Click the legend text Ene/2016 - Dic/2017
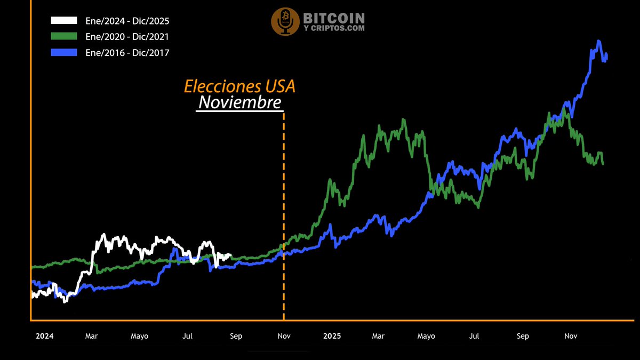click(x=127, y=52)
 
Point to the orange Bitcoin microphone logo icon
click(x=285, y=22)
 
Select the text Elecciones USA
click(x=239, y=86)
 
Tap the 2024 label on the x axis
click(x=44, y=336)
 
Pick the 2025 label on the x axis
click(x=332, y=336)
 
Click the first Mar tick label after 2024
click(x=92, y=336)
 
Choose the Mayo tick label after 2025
click(x=426, y=336)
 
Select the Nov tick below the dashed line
click(x=284, y=336)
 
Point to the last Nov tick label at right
click(x=571, y=336)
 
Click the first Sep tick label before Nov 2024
click(x=236, y=336)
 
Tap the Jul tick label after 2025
click(x=474, y=336)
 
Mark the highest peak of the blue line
click(x=599, y=41)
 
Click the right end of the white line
click(x=230, y=255)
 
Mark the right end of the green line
click(x=603, y=163)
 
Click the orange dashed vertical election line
click(x=284, y=213)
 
